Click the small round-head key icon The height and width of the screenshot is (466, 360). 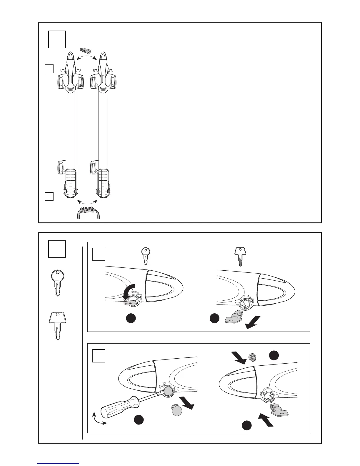pyautogui.click(x=146, y=256)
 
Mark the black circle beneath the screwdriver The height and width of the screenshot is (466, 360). pyautogui.click(x=139, y=420)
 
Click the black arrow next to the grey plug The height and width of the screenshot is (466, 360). pyautogui.click(x=187, y=403)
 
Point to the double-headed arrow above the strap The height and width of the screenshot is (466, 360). pyautogui.click(x=87, y=202)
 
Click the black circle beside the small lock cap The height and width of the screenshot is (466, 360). pyautogui.click(x=274, y=355)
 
